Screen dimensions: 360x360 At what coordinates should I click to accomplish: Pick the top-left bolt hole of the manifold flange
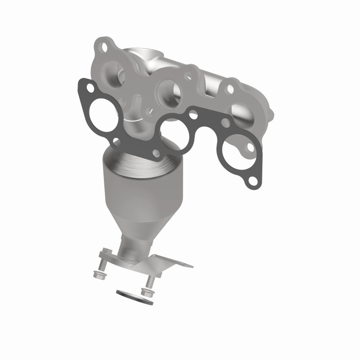[104, 46]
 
